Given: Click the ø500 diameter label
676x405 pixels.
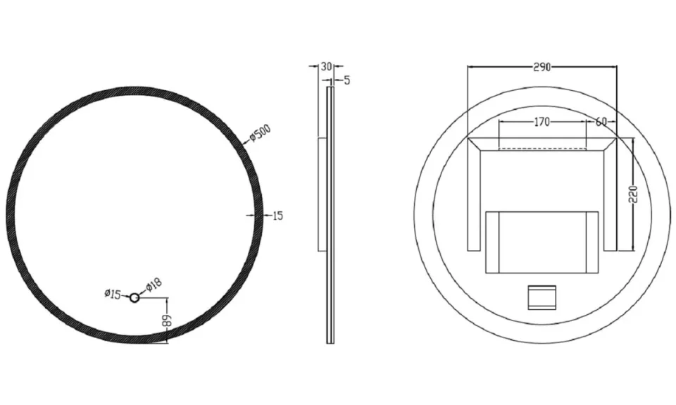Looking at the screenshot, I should [x=261, y=132].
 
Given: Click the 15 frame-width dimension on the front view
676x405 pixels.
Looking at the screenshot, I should [x=277, y=216].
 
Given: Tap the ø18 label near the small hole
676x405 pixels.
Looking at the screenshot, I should [x=154, y=285].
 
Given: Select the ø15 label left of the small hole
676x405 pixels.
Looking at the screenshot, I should [x=113, y=294].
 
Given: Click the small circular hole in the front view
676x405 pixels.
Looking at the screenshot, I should [x=134, y=299].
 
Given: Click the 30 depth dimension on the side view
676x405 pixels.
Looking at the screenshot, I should [x=325, y=66].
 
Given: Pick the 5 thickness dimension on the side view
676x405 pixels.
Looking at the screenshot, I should [x=346, y=80].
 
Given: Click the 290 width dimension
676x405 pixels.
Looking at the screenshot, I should [x=542, y=67].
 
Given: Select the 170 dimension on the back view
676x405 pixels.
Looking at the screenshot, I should [x=542, y=122].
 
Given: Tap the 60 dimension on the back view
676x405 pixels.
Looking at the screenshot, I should [x=601, y=122].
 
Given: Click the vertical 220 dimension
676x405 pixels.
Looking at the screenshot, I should [x=632, y=194].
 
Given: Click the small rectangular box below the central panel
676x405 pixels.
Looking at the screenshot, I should [x=542, y=297].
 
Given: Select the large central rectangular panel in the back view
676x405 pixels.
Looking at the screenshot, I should [x=542, y=242].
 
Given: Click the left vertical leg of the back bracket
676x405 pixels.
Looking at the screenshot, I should [x=473, y=197].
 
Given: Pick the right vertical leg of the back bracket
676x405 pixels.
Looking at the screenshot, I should [x=610, y=197].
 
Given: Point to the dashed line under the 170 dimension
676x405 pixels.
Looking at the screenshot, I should [x=542, y=149].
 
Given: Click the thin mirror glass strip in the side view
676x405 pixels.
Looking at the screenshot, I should [x=330, y=211].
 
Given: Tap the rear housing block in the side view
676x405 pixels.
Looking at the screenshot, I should [x=322, y=194].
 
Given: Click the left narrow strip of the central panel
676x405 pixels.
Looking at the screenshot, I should [x=492, y=242].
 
